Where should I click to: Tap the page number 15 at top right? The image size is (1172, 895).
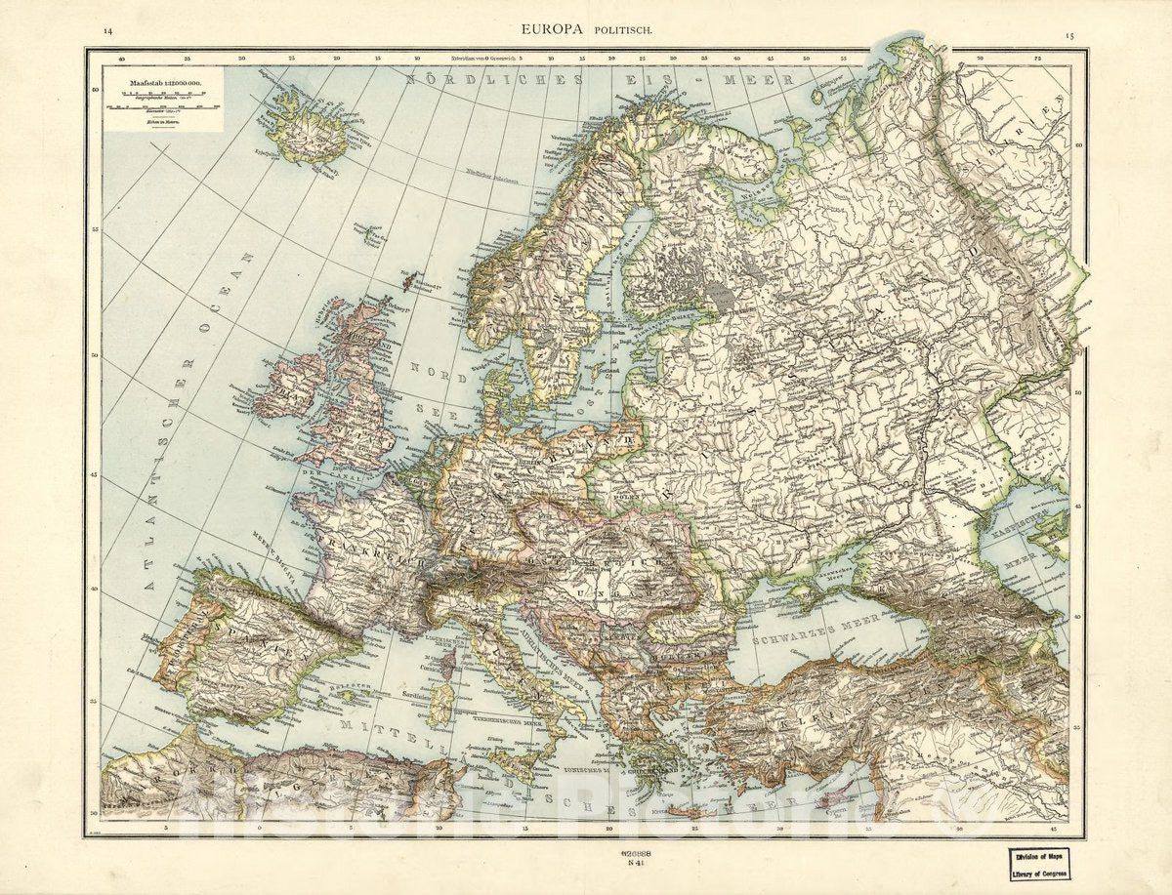pos(1070,35)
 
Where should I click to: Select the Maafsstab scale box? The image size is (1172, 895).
pos(163,99)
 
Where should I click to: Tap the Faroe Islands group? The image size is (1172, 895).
pos(369,232)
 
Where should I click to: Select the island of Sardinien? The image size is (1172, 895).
pos(439,703)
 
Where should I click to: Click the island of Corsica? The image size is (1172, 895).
pos(450,664)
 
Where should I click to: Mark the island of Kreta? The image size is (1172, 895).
pos(684,808)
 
